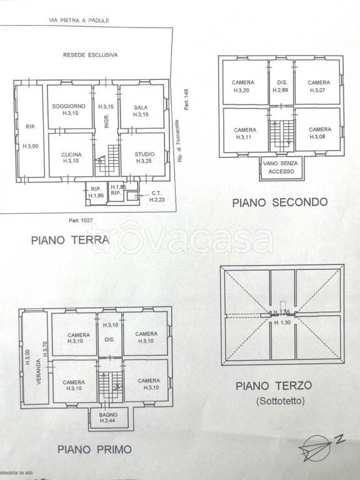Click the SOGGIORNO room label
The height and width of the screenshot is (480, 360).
(69, 107)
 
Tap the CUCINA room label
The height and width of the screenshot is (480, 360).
(69, 154)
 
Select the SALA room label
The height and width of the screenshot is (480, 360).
(141, 107)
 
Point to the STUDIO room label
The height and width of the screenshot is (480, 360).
(144, 153)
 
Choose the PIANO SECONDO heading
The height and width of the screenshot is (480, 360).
(279, 202)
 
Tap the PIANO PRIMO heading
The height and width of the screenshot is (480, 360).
(94, 449)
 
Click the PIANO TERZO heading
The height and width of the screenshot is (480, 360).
(273, 386)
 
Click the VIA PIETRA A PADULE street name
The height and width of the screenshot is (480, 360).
(79, 20)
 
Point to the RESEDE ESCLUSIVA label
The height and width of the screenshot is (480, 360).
(91, 54)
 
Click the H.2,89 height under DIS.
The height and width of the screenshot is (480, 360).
(279, 90)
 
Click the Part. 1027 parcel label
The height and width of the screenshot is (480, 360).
(81, 220)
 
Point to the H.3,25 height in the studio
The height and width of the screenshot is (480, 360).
(144, 161)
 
